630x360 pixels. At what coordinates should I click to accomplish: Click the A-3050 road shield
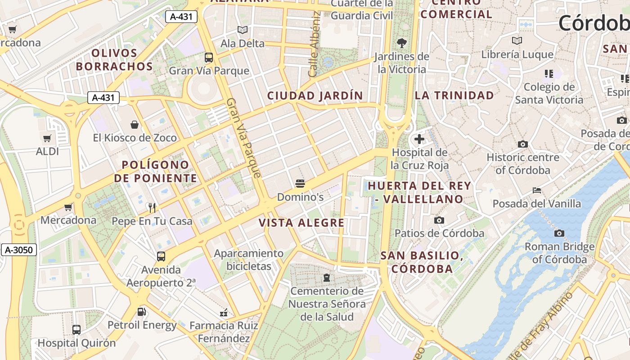[x=18, y=250]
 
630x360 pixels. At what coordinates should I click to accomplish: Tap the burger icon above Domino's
[x=300, y=183]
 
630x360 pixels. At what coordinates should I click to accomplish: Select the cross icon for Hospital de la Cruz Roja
[x=419, y=139]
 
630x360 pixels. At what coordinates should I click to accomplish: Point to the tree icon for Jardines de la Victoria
[x=401, y=43]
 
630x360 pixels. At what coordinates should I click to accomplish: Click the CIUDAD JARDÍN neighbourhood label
[x=315, y=96]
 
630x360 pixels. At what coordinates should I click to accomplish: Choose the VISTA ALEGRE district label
[x=301, y=223]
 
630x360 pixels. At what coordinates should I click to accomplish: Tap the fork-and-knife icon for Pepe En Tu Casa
[x=152, y=207]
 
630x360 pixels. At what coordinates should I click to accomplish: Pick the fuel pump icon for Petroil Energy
[x=141, y=311]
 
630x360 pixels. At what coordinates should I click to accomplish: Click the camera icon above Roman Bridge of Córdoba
[x=559, y=233]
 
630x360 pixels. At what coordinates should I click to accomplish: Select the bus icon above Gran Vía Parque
[x=209, y=58]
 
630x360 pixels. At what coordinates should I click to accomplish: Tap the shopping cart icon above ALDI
[x=47, y=138]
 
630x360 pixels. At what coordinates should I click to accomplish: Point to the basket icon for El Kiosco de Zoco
[x=135, y=124]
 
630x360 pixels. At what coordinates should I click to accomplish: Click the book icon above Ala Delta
[x=243, y=30]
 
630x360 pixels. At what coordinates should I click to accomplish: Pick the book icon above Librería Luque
[x=517, y=41]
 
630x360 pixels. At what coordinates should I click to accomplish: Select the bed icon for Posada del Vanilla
[x=536, y=190]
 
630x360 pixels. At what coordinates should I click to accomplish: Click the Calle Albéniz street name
[x=315, y=44]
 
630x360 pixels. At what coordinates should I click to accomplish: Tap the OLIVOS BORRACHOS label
[x=114, y=60]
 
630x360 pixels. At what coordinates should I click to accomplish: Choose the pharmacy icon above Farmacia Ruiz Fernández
[x=224, y=312]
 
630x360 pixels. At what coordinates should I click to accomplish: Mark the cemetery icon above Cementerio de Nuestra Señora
[x=327, y=278]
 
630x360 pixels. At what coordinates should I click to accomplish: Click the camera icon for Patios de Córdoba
[x=439, y=220]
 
